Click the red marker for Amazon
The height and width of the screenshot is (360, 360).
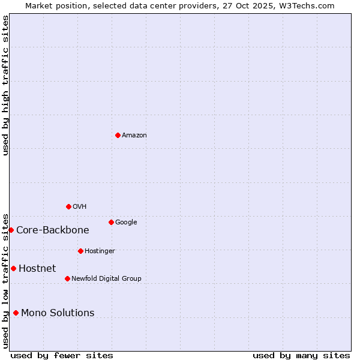pos(118,135)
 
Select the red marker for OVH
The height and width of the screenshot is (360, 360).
pos(68,206)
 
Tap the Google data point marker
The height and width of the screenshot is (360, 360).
pos(111,222)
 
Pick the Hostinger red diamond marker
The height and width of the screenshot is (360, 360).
pos(80,251)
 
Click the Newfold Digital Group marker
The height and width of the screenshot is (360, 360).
pos(67,278)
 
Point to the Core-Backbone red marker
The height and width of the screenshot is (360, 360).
pos(11,230)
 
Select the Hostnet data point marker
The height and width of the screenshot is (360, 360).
pos(13,268)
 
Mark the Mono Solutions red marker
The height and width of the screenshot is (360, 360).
pos(16,313)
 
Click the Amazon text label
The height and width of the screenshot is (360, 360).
pos(134,136)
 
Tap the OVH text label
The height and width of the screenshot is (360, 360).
pos(80,207)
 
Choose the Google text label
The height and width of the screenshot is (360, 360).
pos(126,223)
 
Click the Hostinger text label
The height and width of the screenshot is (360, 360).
pos(100,251)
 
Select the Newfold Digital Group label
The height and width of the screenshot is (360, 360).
pos(106,278)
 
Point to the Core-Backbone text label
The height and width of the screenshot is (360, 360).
pos(53,230)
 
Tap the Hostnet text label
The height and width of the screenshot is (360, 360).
pos(37,269)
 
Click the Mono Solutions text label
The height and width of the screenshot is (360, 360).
pos(58,313)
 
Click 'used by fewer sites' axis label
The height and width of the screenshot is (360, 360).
pos(62,355)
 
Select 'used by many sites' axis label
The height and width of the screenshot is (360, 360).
pos(301,355)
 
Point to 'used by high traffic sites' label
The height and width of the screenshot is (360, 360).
pos(5,85)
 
